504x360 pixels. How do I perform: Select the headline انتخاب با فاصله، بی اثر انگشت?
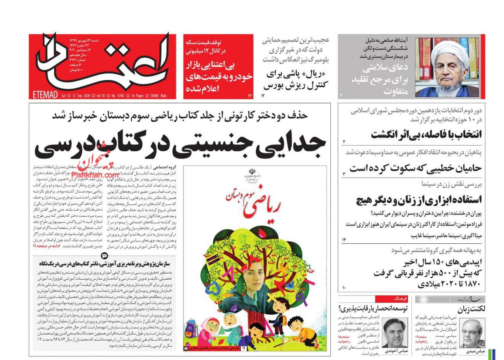click(427, 135)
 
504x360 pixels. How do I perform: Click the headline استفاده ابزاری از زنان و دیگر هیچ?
click(419, 199)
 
